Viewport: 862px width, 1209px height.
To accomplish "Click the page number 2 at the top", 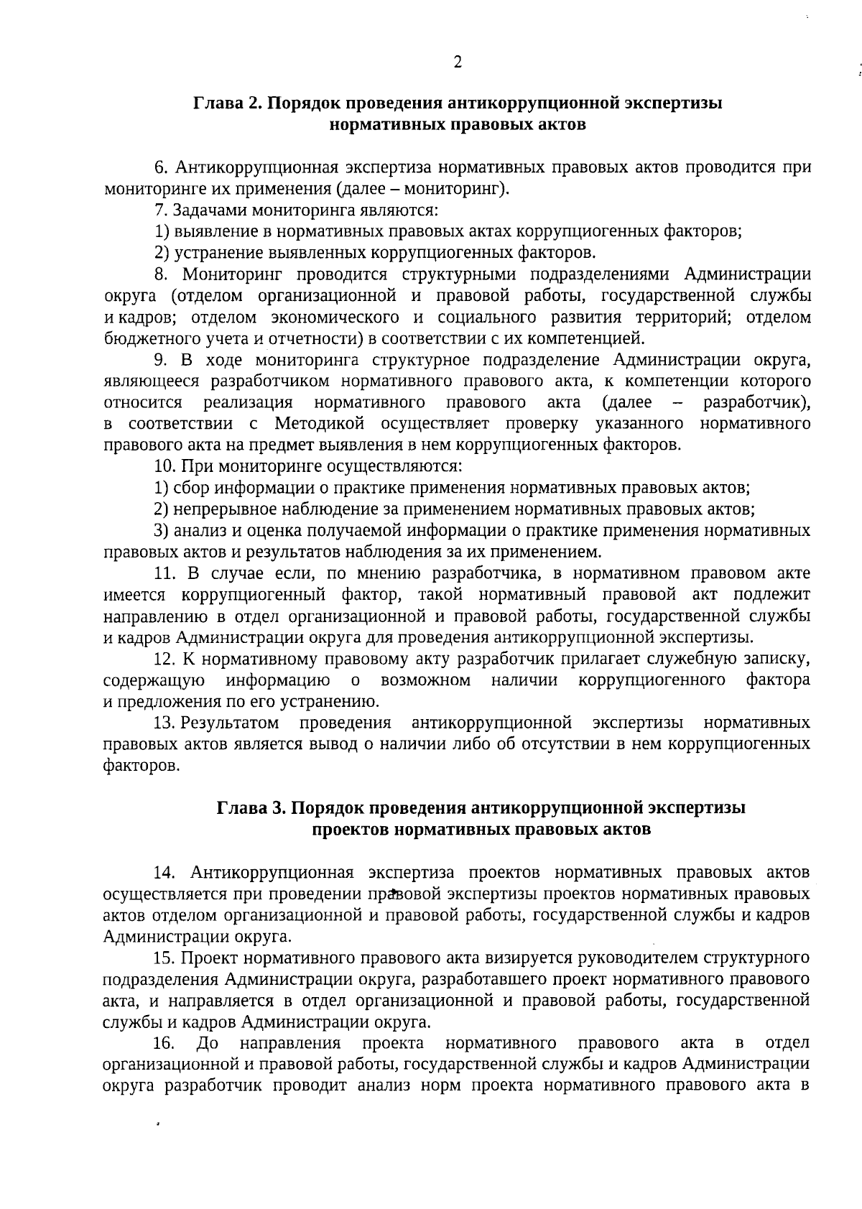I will click(x=457, y=62).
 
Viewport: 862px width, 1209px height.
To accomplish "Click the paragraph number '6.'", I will click(x=162, y=168).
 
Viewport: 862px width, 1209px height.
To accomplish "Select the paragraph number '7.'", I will click(x=162, y=210).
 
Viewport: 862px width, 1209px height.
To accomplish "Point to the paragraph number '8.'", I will click(x=162, y=274).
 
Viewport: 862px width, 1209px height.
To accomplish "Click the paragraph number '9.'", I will click(x=162, y=359).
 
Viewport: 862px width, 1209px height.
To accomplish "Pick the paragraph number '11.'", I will click(x=165, y=573).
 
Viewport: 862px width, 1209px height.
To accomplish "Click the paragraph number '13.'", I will click(x=165, y=722).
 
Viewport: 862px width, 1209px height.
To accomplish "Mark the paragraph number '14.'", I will click(x=165, y=872).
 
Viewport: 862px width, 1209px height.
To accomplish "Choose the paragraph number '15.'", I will click(x=165, y=958).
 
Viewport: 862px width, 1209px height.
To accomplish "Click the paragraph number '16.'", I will click(x=165, y=1042).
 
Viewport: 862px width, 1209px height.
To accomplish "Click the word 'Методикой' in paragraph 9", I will click(x=320, y=423).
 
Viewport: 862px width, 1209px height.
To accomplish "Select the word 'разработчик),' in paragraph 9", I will click(x=757, y=402).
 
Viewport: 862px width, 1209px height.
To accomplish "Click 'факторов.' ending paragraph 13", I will click(x=142, y=766).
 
